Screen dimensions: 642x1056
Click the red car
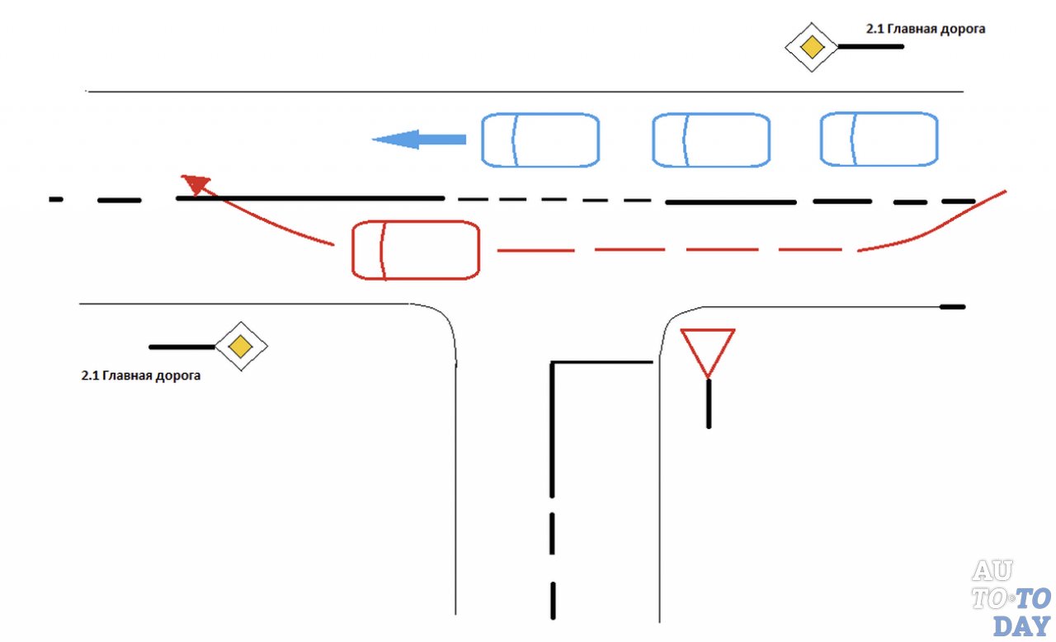(416, 250)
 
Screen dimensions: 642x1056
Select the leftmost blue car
(540, 140)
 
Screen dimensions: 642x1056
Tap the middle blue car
(711, 140)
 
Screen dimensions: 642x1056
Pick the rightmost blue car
(879, 139)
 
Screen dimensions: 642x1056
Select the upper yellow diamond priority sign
(813, 48)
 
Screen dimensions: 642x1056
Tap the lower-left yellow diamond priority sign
(240, 346)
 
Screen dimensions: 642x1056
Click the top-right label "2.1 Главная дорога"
(925, 29)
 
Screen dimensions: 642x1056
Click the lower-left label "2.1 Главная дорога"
(141, 375)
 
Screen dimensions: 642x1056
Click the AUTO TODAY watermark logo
(1011, 596)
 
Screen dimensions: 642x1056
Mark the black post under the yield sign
(708, 404)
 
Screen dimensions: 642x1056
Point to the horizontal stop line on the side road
(602, 361)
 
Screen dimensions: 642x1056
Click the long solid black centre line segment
(310, 198)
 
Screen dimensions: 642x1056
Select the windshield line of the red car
(382, 250)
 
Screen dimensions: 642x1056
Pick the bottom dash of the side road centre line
(552, 599)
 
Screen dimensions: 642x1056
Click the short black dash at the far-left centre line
(56, 199)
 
